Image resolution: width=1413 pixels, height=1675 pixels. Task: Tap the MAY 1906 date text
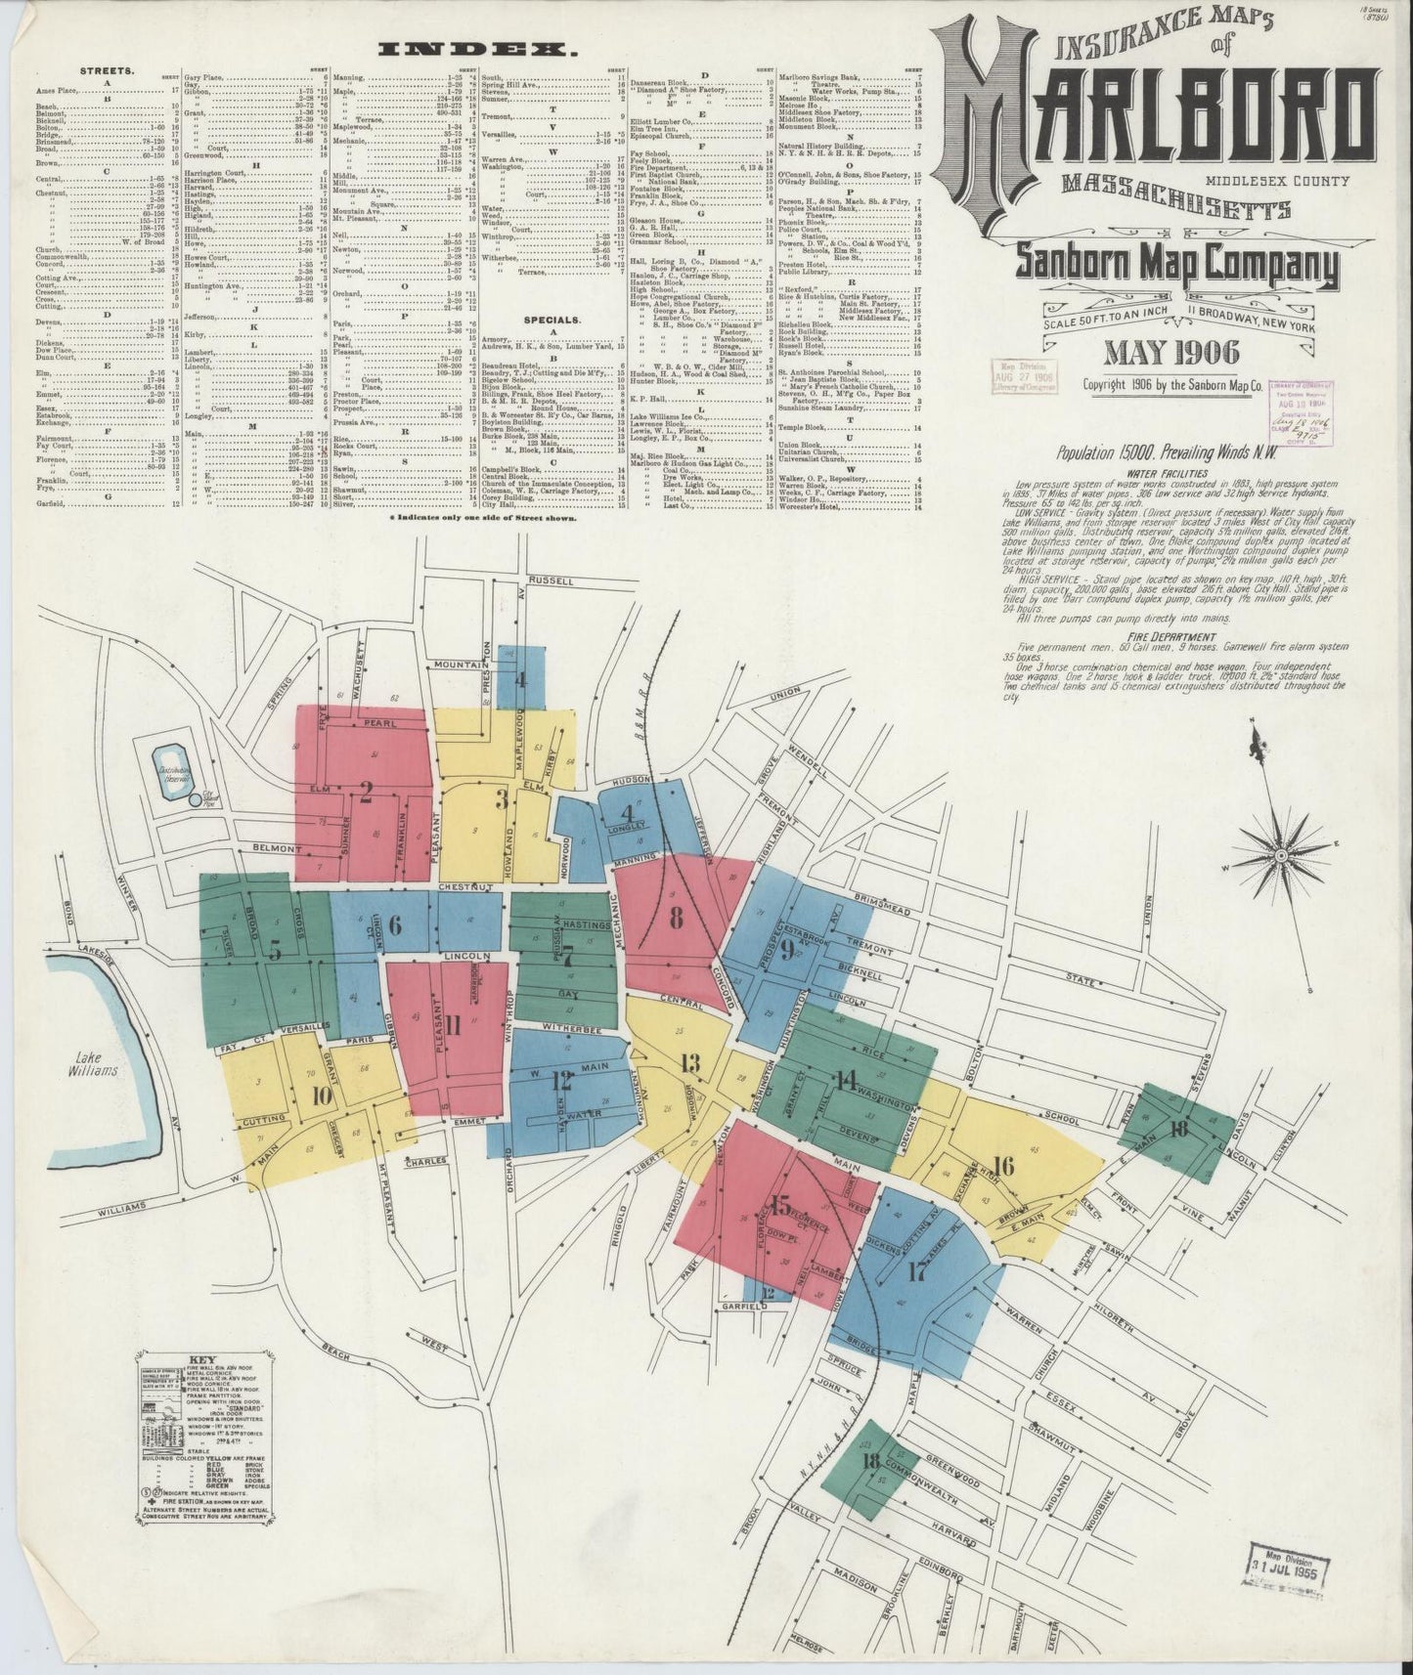[1171, 353]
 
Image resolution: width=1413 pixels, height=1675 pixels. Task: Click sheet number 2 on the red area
[366, 794]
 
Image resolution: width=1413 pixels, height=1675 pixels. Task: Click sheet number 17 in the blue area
[917, 1271]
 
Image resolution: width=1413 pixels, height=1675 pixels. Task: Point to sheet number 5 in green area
[276, 949]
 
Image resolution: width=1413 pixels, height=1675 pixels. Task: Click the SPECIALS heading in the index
[552, 319]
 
